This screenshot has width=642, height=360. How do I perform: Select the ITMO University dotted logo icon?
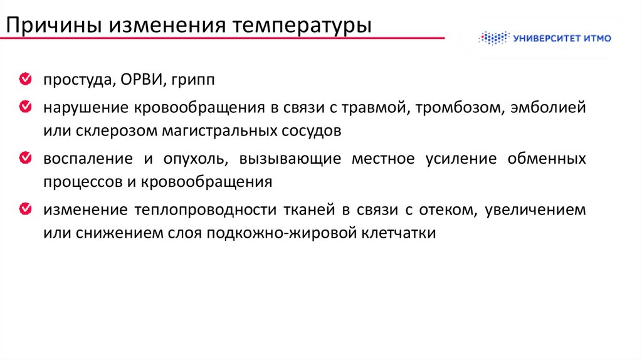[493, 38]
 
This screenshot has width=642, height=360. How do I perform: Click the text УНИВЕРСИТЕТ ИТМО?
[562, 38]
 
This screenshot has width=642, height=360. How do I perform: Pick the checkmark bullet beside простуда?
[26, 80]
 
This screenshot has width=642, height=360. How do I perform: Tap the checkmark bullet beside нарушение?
[26, 107]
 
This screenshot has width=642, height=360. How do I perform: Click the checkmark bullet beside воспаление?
[26, 158]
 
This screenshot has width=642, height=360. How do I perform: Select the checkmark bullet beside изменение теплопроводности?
[26, 209]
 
